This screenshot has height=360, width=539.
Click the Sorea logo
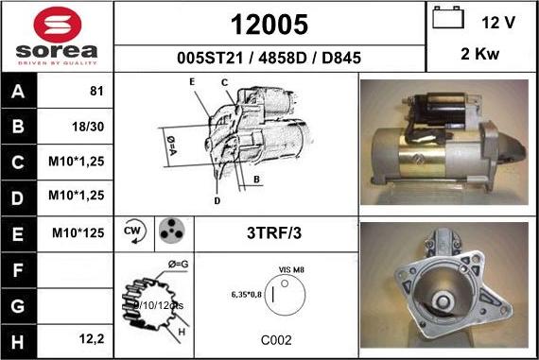[x=57, y=36]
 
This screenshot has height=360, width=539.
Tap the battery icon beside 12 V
[x=447, y=19]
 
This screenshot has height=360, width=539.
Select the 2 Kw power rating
[x=479, y=54]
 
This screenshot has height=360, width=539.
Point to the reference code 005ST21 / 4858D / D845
[x=269, y=58]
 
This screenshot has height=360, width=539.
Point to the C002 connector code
[x=275, y=339]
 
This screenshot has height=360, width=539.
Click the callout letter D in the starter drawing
[x=217, y=200]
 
